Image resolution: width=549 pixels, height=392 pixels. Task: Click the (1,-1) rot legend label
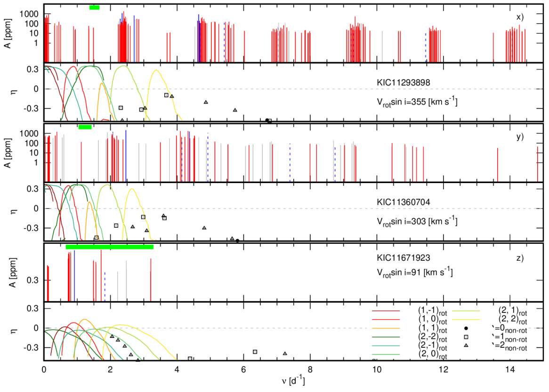pyautogui.click(x=433, y=311)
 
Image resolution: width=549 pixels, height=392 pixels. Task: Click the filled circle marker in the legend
pyautogui.click(x=466, y=328)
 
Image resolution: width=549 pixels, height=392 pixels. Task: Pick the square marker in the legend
pyautogui.click(x=466, y=337)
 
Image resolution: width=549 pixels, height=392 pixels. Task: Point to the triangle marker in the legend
pyautogui.click(x=466, y=346)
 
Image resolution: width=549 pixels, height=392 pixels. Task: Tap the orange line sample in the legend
pyautogui.click(x=386, y=328)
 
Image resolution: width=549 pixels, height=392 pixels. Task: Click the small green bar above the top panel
pyautogui.click(x=94, y=7)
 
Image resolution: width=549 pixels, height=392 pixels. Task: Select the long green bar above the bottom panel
pyautogui.click(x=110, y=247)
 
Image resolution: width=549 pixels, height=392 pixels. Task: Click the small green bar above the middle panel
pyautogui.click(x=85, y=127)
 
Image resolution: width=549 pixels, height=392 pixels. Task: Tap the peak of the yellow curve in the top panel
pyautogui.click(x=156, y=71)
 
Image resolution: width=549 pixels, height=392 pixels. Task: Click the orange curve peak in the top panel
pyautogui.click(x=102, y=83)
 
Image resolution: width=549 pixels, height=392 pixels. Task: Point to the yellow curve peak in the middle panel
pyautogui.click(x=132, y=189)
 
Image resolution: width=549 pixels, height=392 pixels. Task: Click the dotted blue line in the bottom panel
pyautogui.click(x=105, y=286)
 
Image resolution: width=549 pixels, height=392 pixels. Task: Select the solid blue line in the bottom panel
pyautogui.click(x=74, y=275)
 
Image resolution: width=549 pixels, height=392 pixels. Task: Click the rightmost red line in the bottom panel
pyautogui.click(x=151, y=279)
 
